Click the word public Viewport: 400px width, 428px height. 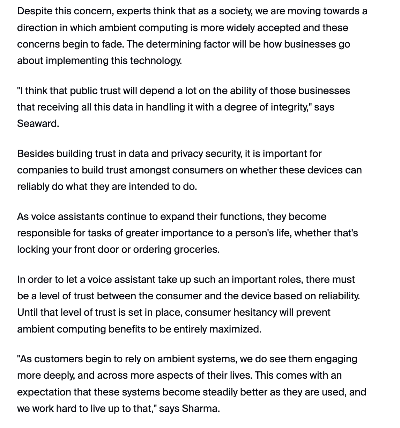coord(83,91)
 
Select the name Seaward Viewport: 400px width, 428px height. coord(38,123)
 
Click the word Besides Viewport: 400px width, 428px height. coord(35,154)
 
